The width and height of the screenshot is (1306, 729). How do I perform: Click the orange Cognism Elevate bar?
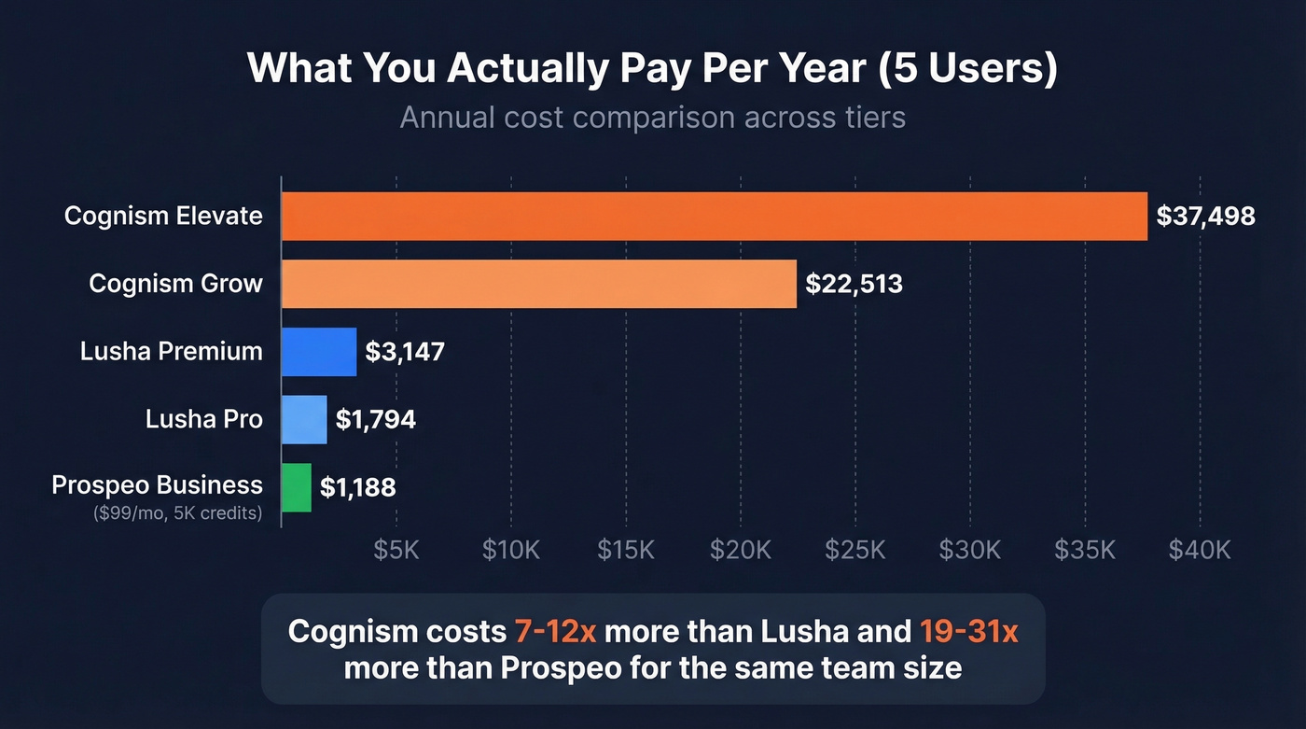coord(714,217)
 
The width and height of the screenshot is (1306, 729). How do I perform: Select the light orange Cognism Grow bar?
coord(539,284)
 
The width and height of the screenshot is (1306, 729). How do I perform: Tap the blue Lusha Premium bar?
coord(319,352)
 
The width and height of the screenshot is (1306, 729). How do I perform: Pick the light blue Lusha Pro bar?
coord(304,420)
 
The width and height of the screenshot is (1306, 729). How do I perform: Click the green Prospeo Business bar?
coord(297,487)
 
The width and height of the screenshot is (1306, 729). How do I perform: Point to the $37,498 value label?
coord(1205,217)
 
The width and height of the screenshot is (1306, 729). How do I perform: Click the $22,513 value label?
coord(854,284)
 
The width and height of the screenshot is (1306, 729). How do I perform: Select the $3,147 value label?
coord(405,352)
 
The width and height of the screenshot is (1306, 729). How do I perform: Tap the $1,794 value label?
coord(375,420)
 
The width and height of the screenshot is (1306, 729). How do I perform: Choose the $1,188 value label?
coord(358,487)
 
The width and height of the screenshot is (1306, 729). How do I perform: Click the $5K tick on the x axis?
coord(396,550)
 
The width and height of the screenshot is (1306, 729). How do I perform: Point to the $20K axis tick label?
coord(741,550)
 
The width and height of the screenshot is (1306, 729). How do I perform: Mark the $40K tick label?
coord(1200,550)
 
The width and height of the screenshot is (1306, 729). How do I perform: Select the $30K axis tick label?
coord(970,550)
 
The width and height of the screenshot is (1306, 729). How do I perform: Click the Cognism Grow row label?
coord(175,284)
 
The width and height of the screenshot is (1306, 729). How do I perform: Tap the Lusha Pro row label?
coord(203,420)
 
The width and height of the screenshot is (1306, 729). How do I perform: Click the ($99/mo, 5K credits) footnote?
coord(177,512)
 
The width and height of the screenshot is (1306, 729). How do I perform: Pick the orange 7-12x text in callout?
coord(555,632)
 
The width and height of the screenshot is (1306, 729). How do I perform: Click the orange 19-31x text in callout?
coord(966,632)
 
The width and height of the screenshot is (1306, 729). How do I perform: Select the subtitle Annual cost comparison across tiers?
coord(652,119)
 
